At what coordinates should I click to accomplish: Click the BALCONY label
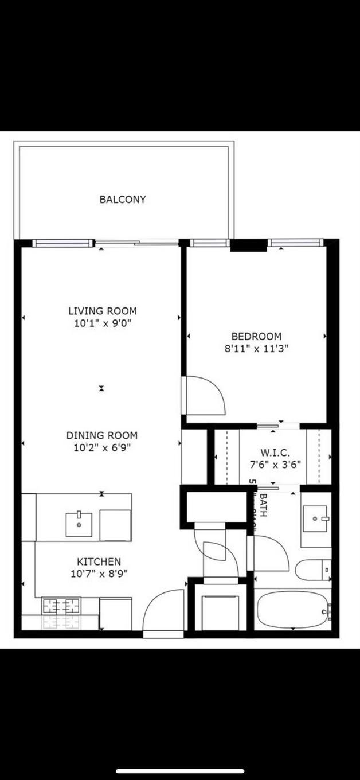(123, 200)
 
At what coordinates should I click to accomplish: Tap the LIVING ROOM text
(103, 311)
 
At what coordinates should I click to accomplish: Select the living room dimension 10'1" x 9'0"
(103, 323)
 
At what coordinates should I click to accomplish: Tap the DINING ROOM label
(102, 435)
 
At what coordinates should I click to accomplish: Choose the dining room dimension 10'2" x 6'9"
(102, 448)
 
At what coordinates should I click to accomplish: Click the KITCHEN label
(99, 561)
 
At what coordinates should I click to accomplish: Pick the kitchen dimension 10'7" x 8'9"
(99, 574)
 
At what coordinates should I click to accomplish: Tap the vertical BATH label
(263, 505)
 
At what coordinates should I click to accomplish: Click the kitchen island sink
(79, 524)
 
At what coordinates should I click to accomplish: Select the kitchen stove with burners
(61, 605)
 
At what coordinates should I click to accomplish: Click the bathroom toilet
(313, 570)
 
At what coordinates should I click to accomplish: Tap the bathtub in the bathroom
(292, 610)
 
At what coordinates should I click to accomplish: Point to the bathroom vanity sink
(315, 519)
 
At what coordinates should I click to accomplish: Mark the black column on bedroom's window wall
(248, 246)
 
